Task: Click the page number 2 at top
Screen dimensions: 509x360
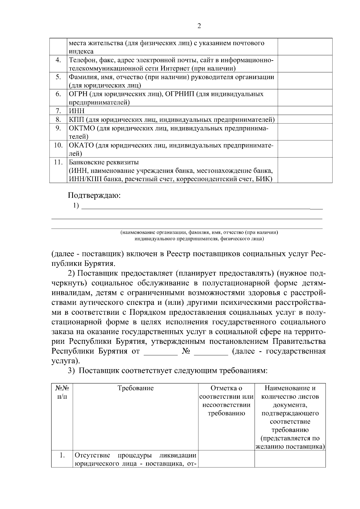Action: (x=199, y=26)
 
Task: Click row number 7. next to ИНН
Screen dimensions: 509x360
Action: (x=58, y=111)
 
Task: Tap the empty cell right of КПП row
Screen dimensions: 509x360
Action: (x=305, y=120)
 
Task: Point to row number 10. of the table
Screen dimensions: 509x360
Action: (x=58, y=145)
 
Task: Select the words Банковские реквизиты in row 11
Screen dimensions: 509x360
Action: (x=104, y=162)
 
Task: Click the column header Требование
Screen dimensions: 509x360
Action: (x=136, y=388)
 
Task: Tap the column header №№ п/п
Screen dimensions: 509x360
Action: (x=62, y=392)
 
